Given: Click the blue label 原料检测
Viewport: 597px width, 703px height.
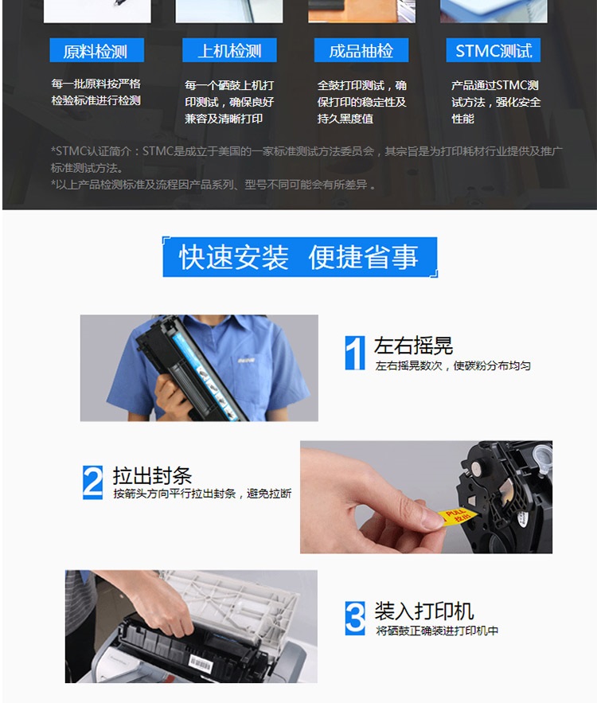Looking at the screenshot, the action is [97, 50].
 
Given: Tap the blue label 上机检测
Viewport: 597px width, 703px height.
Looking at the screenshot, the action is [229, 50].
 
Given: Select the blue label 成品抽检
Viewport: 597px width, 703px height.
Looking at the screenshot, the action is [361, 50].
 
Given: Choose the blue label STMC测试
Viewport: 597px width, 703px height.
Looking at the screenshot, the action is [494, 50].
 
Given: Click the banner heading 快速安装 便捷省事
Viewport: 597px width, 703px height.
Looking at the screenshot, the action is [299, 257].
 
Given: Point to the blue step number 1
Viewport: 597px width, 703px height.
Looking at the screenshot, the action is [355, 353].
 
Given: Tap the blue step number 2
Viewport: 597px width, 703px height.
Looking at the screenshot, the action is [93, 482].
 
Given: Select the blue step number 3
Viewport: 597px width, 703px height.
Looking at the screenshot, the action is [355, 619].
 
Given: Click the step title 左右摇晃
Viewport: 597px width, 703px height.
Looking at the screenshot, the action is [413, 346].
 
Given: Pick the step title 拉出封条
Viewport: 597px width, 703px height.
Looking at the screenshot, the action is [152, 475].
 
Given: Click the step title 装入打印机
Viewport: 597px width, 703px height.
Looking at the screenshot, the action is [424, 611].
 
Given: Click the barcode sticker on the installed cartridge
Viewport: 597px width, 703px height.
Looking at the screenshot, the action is [201, 662].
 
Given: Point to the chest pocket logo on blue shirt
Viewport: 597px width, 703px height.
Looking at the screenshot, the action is [246, 360].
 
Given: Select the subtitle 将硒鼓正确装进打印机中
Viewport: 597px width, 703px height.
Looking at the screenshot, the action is [437, 631].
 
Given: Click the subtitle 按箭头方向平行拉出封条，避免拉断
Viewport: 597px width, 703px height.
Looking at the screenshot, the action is [202, 494].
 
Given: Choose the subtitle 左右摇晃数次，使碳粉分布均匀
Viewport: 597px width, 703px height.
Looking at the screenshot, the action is [453, 366].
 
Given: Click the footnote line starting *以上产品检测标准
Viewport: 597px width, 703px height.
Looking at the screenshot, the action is [213, 185].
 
